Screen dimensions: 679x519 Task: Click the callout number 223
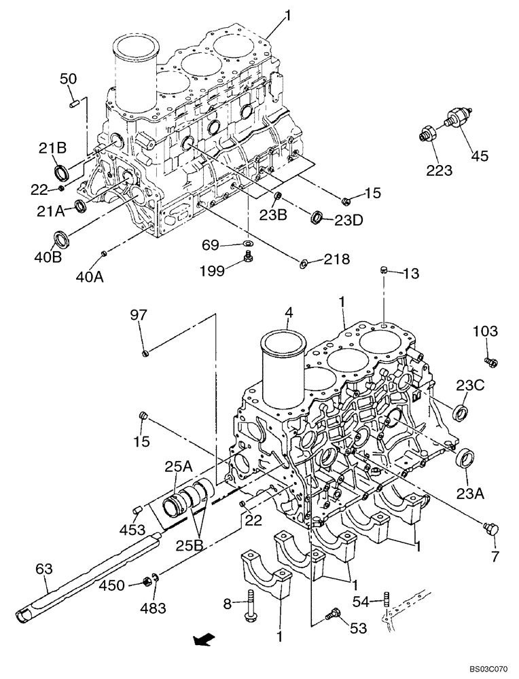coord(440,170)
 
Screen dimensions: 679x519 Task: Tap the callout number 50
coord(68,79)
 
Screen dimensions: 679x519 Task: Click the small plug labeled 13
coord(384,271)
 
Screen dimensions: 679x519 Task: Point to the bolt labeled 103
coord(488,361)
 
